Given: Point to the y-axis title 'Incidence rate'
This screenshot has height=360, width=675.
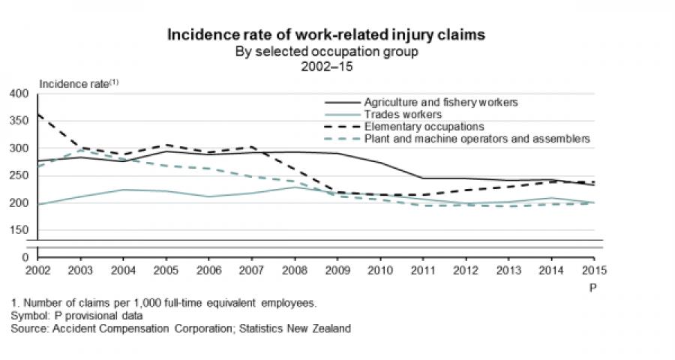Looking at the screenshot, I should [x=74, y=82].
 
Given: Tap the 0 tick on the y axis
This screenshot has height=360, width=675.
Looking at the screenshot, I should [x=25, y=257].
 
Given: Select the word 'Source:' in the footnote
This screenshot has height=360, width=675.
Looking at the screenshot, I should [x=28, y=328].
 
